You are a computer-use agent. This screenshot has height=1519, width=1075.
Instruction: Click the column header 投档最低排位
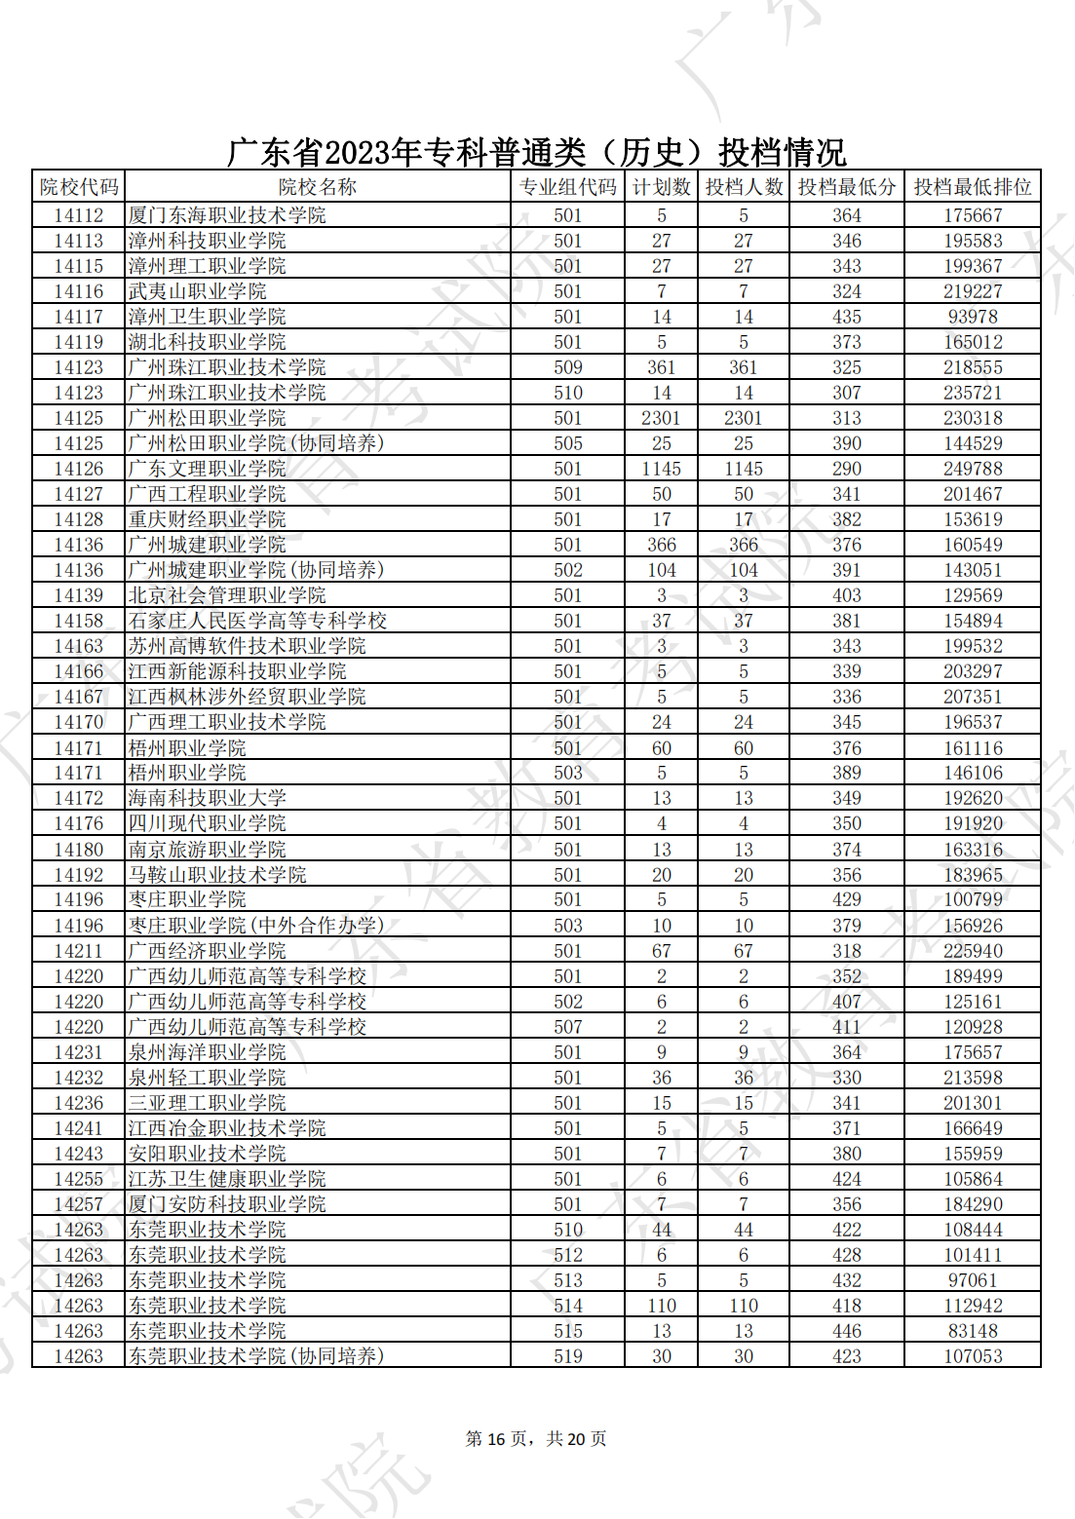pyautogui.click(x=972, y=187)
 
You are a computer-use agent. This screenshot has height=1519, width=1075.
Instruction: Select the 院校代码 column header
pyautogui.click(x=79, y=187)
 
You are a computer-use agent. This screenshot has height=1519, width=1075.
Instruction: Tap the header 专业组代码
pyautogui.click(x=567, y=187)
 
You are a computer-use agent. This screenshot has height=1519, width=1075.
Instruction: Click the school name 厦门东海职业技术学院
pyautogui.click(x=227, y=215)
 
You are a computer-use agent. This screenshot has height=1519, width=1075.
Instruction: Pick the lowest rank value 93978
pyautogui.click(x=972, y=317)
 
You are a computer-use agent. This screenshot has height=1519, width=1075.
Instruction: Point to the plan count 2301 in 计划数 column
pyautogui.click(x=661, y=418)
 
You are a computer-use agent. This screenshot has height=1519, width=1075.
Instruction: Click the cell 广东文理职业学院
pyautogui.click(x=208, y=469)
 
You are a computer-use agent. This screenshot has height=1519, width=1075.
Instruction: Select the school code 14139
pyautogui.click(x=79, y=595)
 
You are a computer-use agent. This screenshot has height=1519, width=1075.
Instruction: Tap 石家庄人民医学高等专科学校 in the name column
pyautogui.click(x=257, y=621)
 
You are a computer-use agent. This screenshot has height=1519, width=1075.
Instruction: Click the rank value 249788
pyautogui.click(x=972, y=469)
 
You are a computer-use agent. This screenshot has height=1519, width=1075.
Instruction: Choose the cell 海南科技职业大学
pyautogui.click(x=208, y=798)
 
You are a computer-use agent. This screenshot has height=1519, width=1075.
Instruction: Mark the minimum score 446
pyautogui.click(x=846, y=1331)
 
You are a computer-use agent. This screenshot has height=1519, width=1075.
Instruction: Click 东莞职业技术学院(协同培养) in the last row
pyautogui.click(x=256, y=1356)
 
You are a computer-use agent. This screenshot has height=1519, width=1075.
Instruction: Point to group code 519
pyautogui.click(x=567, y=1356)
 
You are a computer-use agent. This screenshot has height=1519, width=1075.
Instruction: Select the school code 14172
pyautogui.click(x=79, y=798)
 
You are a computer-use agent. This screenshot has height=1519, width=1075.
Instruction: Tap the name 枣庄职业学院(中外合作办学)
pyautogui.click(x=256, y=926)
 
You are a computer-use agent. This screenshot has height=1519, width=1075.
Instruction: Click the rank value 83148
pyautogui.click(x=972, y=1331)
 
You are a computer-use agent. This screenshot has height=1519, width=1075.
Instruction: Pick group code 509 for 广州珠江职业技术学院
pyautogui.click(x=567, y=367)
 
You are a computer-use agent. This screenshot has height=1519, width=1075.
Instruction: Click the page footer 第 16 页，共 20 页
pyautogui.click(x=536, y=1439)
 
